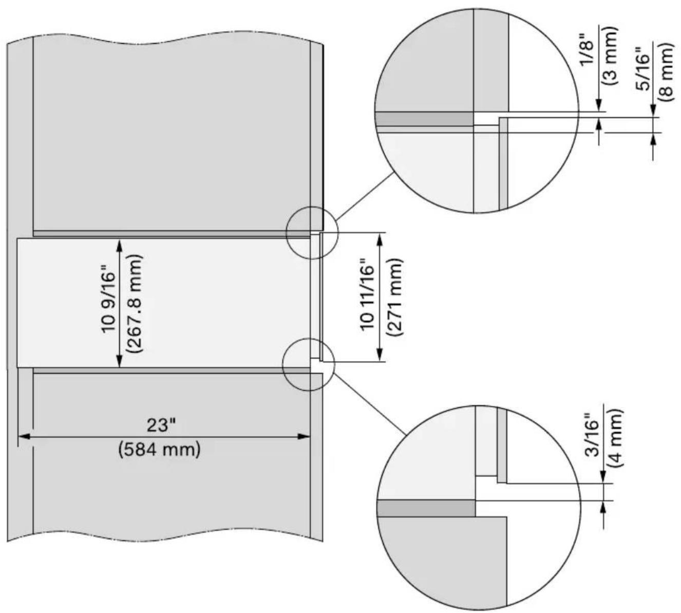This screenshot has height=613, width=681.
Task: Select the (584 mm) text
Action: (159, 450)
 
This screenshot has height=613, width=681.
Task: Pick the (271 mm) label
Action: (394, 296)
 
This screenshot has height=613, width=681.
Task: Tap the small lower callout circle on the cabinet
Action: (309, 364)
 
